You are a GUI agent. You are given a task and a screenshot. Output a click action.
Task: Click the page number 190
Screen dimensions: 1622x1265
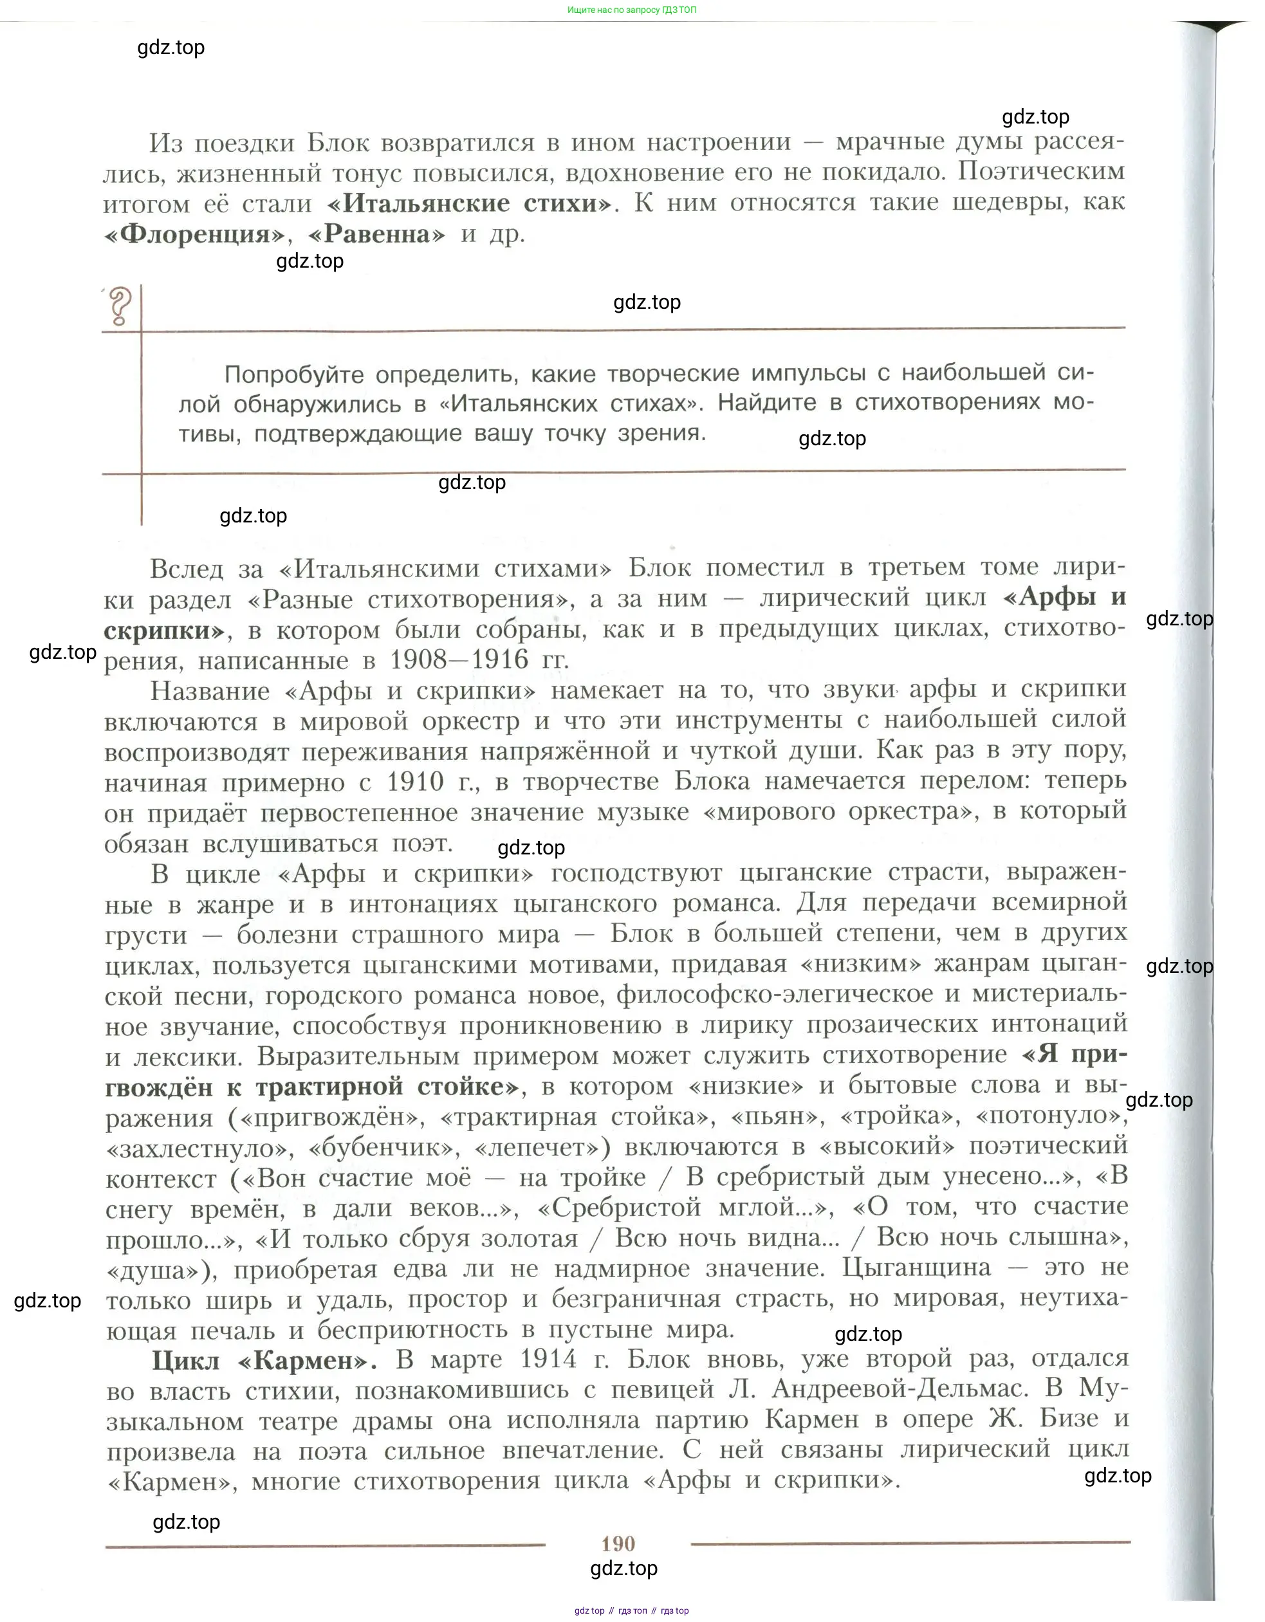(x=617, y=1544)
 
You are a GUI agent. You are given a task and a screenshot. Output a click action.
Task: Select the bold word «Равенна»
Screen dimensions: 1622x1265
(x=376, y=235)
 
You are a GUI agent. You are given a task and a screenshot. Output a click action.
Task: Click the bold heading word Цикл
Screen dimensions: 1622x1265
(x=186, y=1361)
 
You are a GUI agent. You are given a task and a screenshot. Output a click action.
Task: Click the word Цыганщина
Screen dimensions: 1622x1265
(x=917, y=1267)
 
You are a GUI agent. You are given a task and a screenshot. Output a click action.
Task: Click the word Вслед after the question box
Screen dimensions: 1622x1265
(x=186, y=569)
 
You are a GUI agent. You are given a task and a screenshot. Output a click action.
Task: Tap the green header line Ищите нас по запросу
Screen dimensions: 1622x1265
(x=631, y=10)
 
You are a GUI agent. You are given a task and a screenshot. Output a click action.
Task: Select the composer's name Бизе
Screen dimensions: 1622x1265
(x=1069, y=1419)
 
